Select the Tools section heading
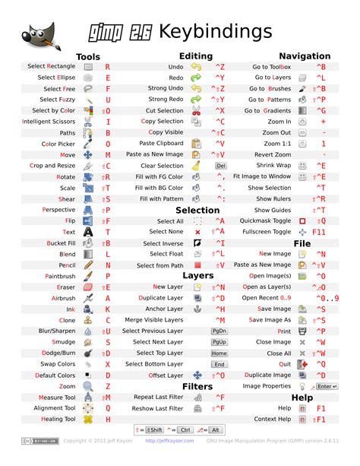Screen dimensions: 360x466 88,56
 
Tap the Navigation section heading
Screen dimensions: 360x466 305,55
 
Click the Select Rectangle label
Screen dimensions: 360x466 52,67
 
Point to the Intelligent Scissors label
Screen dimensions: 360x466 49,121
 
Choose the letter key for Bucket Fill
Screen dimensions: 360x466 108,243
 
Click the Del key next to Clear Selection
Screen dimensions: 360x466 220,165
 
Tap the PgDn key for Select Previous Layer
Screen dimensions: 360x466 219,331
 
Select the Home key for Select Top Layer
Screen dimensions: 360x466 219,353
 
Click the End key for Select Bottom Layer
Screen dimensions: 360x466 219,364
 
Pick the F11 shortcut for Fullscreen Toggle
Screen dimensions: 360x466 320,231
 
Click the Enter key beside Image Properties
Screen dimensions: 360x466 326,386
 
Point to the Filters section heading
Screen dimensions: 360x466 197,386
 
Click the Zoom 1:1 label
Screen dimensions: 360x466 276,144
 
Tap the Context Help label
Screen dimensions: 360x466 273,419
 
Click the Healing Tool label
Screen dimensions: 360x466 58,419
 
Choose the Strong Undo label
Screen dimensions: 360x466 166,88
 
